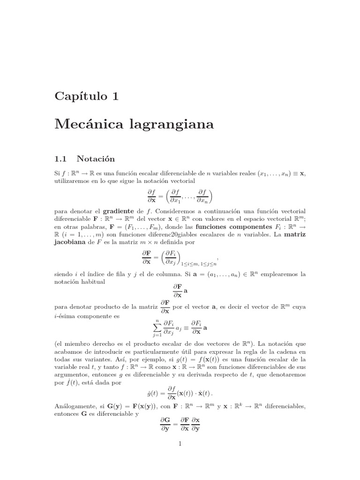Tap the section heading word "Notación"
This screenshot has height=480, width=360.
click(x=96, y=158)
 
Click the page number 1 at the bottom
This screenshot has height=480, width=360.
click(x=180, y=443)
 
